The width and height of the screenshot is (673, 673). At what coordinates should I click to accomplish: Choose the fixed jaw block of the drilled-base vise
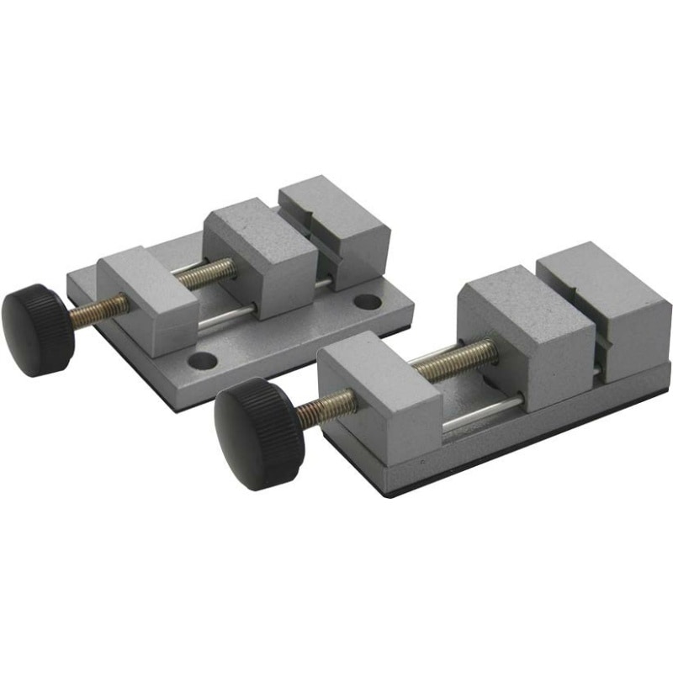click(336, 227)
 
